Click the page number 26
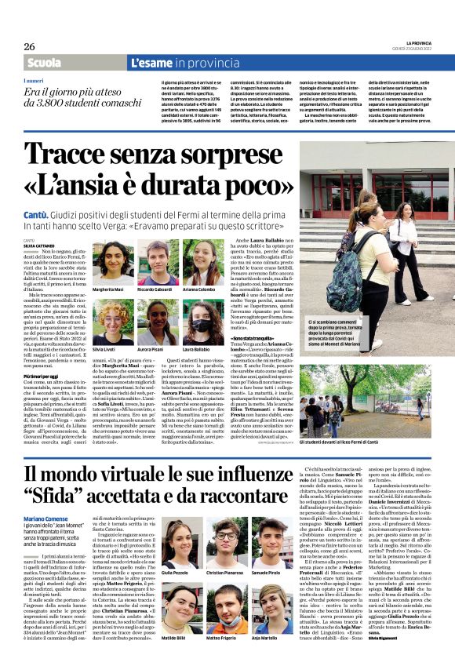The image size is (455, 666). [x=29, y=46]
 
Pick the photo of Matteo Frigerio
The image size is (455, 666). [x=226, y=610]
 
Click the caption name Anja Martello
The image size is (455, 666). [x=271, y=639]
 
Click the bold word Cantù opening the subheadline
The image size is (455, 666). [x=39, y=213]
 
